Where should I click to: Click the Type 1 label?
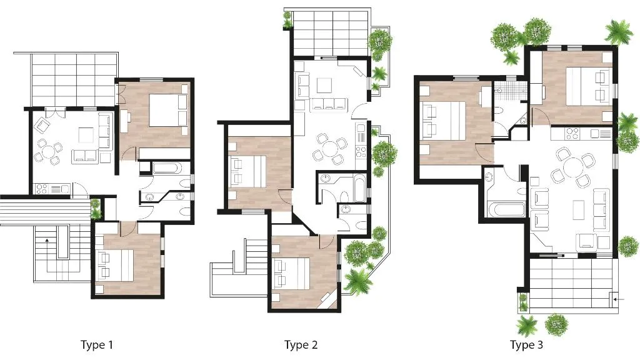[x=97, y=345]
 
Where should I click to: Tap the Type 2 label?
[x=301, y=345]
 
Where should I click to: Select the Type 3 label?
[x=526, y=345]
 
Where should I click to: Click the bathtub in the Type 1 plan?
[x=167, y=167]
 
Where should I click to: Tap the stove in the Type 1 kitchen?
[x=42, y=189]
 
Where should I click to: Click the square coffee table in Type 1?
[x=86, y=135]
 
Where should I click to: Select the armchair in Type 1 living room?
[x=42, y=126]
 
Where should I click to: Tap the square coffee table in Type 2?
[x=325, y=86]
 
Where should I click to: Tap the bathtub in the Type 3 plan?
[x=506, y=210]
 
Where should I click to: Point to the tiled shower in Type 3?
[x=506, y=91]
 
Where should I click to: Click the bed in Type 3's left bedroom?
[x=444, y=119]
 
